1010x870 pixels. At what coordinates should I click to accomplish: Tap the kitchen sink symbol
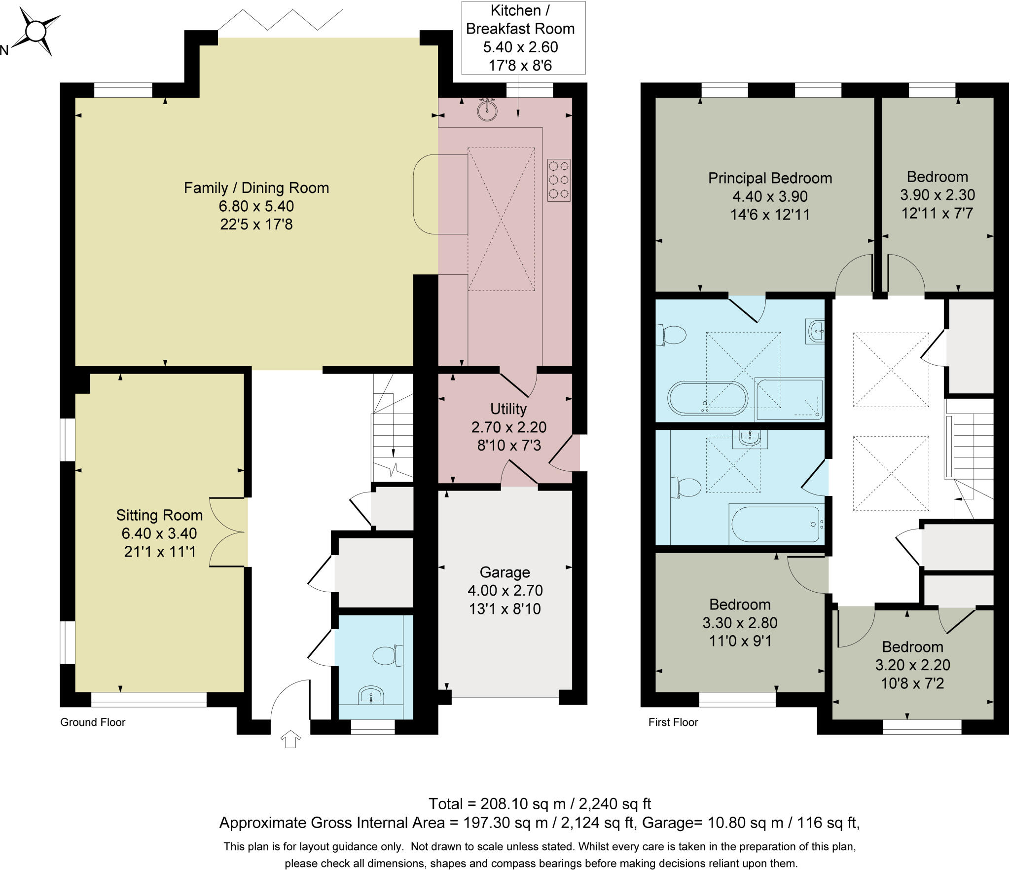tap(487, 110)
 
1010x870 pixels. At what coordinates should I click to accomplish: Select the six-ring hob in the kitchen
tap(559, 180)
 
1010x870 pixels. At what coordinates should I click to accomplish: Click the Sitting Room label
tap(159, 515)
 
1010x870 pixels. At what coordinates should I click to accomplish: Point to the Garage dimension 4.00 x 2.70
tap(505, 590)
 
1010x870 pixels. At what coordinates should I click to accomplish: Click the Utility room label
tap(508, 409)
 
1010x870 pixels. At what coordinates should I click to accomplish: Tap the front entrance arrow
tap(290, 739)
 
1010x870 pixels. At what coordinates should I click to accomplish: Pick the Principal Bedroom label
tap(770, 178)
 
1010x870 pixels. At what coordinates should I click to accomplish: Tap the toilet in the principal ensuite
tap(671, 336)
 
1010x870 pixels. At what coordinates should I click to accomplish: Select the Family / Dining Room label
tap(256, 188)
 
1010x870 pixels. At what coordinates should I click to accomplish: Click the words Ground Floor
tap(93, 722)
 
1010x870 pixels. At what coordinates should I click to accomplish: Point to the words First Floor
tap(673, 722)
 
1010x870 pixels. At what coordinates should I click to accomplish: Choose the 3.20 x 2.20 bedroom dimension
tap(913, 665)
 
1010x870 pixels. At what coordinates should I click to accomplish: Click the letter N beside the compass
tap(4, 50)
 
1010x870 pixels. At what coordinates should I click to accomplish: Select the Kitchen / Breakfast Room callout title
tap(520, 20)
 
